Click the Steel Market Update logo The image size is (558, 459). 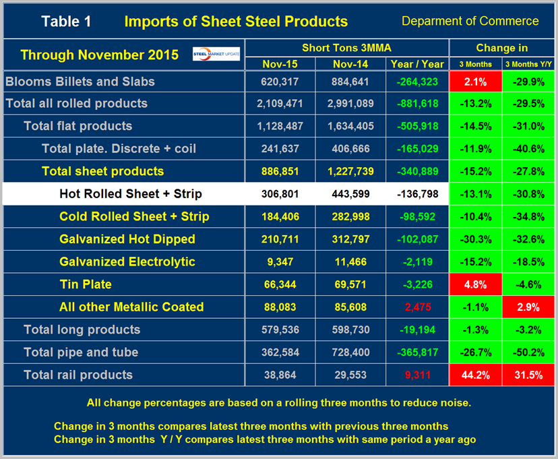pos(216,54)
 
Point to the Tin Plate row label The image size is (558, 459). pos(85,284)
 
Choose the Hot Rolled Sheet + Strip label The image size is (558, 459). pos(130,194)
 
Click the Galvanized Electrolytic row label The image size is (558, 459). pos(127,262)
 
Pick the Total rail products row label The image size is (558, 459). pos(77,375)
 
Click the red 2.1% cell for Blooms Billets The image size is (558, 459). pos(476,82)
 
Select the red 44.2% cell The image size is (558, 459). pos(476,375)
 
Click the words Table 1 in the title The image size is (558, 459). pos(66,21)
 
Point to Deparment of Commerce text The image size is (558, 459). pos(470,21)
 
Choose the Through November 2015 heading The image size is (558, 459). pos(99,55)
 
